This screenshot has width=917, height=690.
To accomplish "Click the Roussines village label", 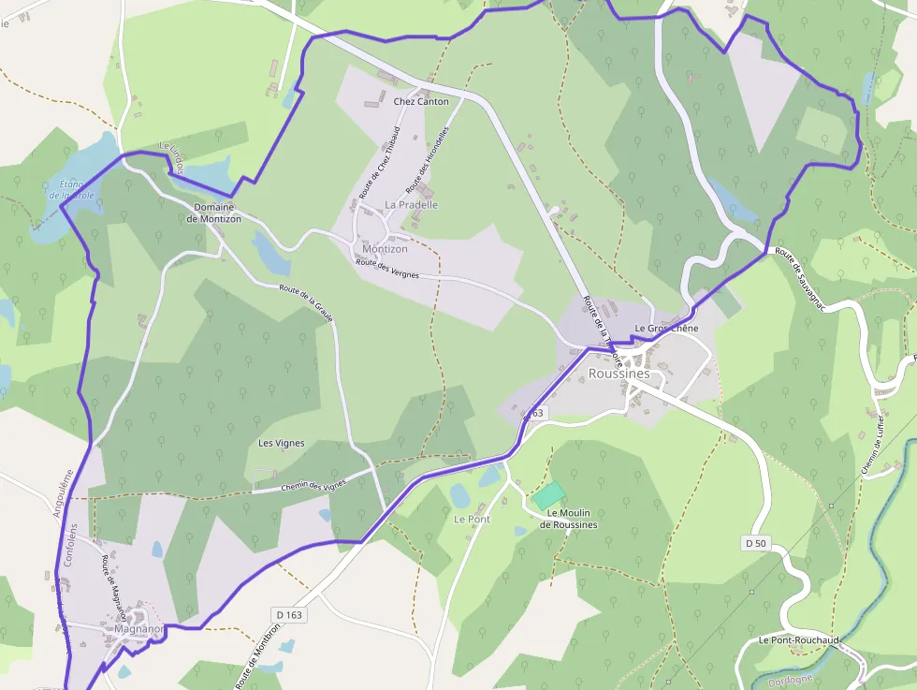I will click(x=619, y=374).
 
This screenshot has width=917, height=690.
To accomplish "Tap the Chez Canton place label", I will click(x=421, y=101).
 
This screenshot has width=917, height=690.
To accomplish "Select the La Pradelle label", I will click(x=411, y=204).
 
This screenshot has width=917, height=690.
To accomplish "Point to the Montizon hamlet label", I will click(x=385, y=249).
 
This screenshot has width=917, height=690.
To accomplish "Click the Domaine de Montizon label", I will click(x=213, y=213).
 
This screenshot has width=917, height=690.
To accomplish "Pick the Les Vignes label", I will click(x=282, y=443).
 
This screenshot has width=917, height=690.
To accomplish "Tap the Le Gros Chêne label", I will click(x=667, y=329).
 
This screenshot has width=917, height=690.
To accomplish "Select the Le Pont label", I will click(x=472, y=519).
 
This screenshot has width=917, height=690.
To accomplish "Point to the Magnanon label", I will click(x=139, y=629).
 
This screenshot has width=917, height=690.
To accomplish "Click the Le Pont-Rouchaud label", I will click(x=798, y=640).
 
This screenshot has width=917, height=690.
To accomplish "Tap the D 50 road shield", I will click(x=757, y=543).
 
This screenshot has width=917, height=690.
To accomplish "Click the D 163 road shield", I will click(x=291, y=614).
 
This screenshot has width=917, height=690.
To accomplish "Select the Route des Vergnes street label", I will click(x=387, y=269).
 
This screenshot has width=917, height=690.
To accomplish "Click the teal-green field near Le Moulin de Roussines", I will click(x=549, y=495).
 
